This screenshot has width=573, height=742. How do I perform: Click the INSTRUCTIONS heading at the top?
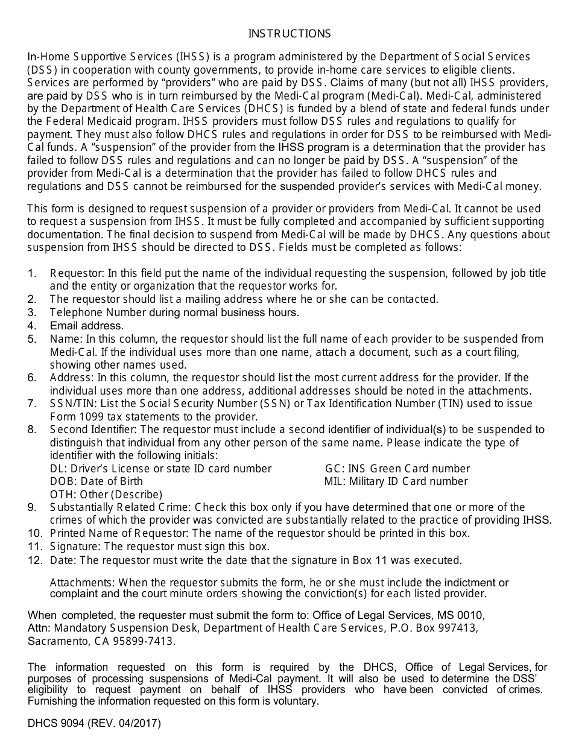point(290,34)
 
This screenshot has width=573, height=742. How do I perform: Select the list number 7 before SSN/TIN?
point(32,404)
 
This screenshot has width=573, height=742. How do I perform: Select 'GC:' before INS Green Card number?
point(335,469)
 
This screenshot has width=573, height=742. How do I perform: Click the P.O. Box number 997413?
point(459,629)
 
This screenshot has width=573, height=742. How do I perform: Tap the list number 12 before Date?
point(34,560)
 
